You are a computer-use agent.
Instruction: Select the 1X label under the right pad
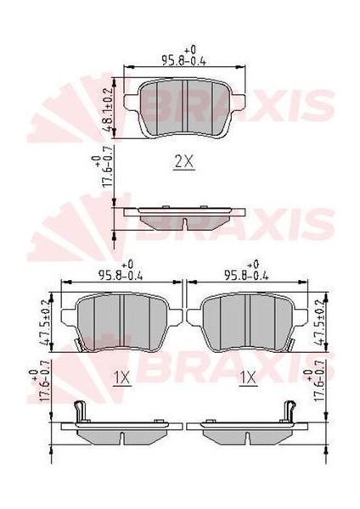pyautogui.click(x=248, y=376)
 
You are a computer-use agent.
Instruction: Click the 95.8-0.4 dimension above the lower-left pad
pyautogui.click(x=120, y=273)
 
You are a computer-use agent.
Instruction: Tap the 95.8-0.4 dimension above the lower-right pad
pyautogui.click(x=246, y=273)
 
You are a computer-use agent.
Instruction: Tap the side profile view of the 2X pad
pyautogui.click(x=184, y=216)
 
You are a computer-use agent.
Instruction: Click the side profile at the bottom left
pyautogui.click(x=119, y=428)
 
